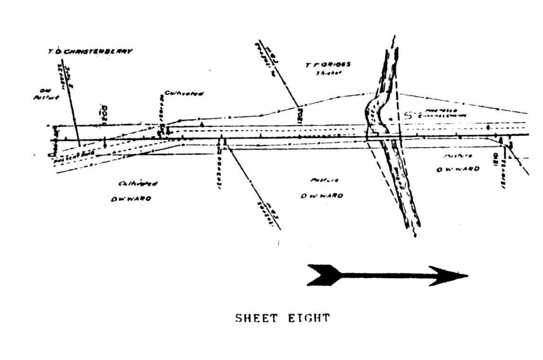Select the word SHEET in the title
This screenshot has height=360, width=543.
point(256,317)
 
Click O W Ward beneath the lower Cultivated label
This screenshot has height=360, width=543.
point(131,199)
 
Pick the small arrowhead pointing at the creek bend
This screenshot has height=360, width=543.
point(391,119)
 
